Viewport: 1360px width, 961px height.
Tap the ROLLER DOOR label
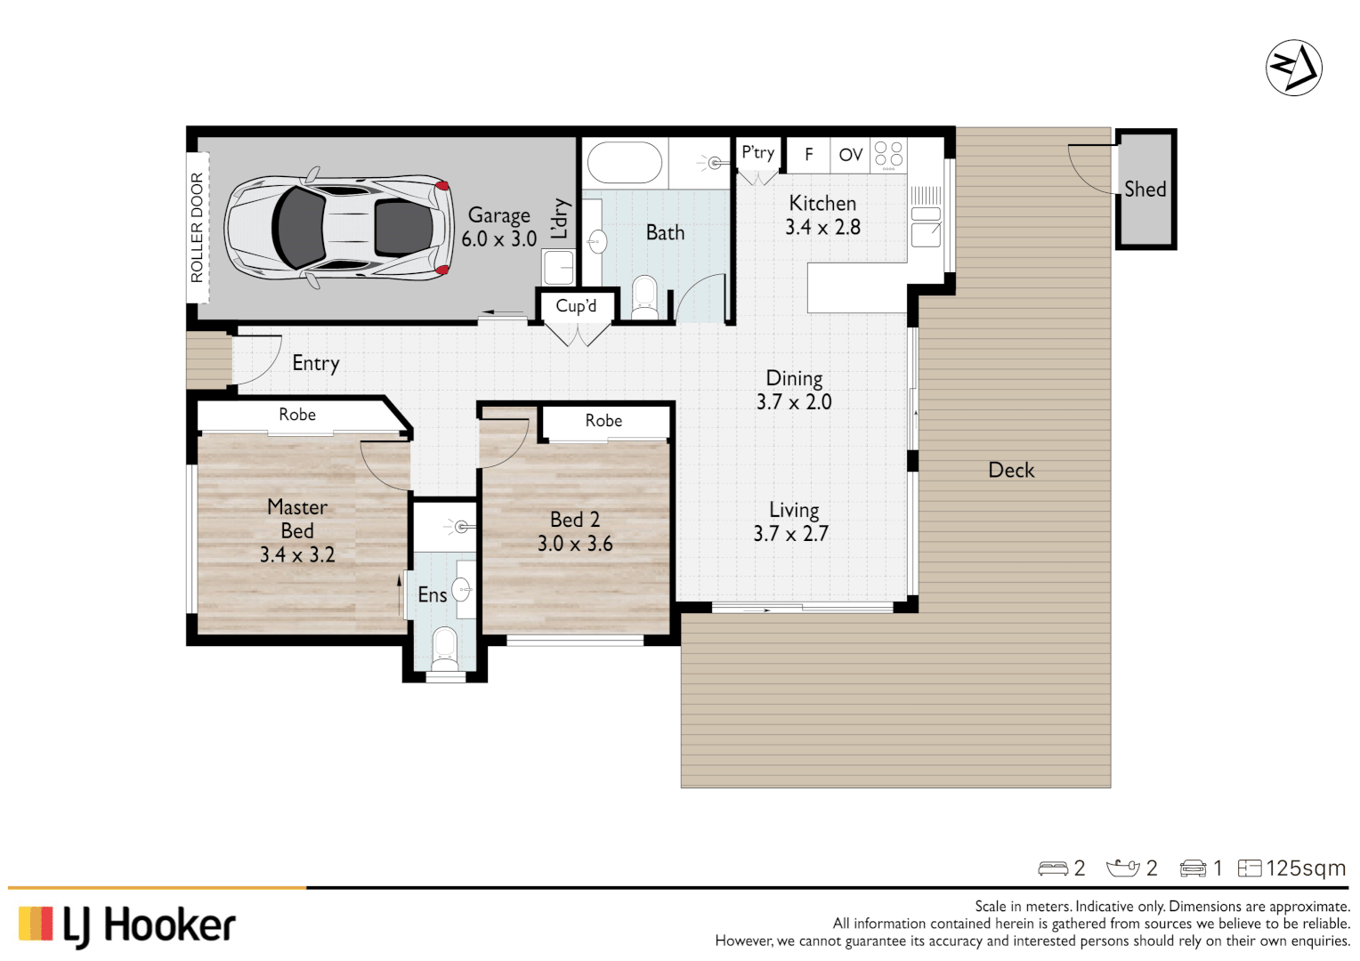point(197,228)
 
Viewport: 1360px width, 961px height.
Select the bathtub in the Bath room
point(624,163)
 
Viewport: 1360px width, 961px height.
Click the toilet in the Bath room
point(644,296)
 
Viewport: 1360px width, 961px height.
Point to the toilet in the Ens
point(443,647)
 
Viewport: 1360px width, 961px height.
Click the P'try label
point(757,153)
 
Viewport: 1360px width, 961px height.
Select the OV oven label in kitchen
point(850,155)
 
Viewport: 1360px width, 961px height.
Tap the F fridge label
point(808,155)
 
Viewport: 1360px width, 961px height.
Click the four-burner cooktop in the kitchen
point(888,154)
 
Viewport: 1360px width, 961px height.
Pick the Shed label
point(1145,190)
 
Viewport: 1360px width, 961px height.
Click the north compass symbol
point(1293,68)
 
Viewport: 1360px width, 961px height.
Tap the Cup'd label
point(576,306)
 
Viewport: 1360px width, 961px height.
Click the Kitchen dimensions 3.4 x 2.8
point(822,228)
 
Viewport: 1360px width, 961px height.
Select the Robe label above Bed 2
point(603,421)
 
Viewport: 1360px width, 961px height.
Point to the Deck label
point(1011,471)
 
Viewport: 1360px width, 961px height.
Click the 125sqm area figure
point(1305,868)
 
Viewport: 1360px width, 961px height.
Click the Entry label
point(315,363)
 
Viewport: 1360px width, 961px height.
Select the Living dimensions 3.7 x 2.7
point(790,534)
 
